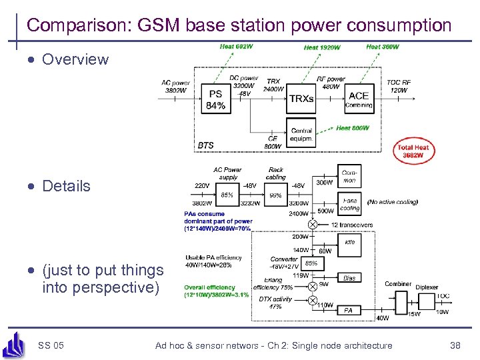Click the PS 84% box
[215, 100]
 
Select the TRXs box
[301, 99]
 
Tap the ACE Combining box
[359, 99]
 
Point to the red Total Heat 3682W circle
[413, 151]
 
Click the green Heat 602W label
[236, 47]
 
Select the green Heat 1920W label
[322, 47]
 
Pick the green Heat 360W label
[383, 47]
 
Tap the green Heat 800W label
[352, 128]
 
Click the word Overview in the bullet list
[75, 59]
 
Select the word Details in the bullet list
[66, 186]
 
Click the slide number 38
[455, 345]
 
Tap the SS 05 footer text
[51, 345]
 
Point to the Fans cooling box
[350, 205]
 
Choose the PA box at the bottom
[348, 310]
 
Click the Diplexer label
[427, 287]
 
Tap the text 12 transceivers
[351, 225]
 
